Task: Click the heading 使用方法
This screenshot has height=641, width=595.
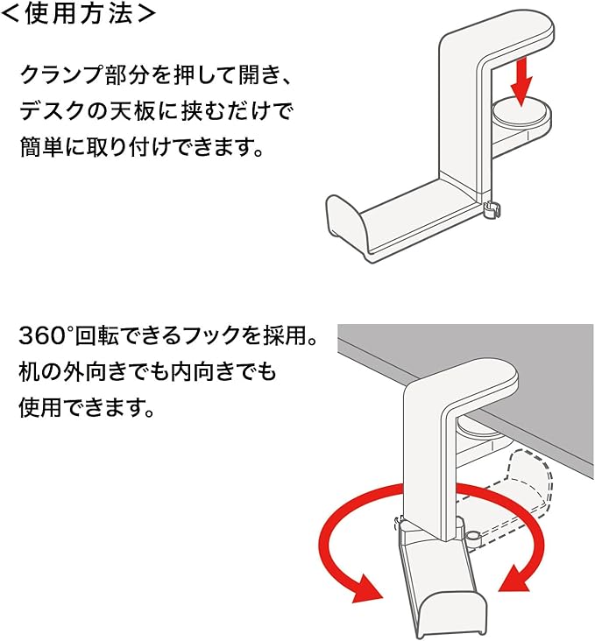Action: (79, 14)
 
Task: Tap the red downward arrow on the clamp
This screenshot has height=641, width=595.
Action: (521, 81)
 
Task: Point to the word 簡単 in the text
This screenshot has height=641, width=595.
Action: (41, 146)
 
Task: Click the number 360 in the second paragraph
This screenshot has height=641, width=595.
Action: (43, 336)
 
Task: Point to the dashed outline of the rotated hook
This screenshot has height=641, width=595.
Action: (528, 481)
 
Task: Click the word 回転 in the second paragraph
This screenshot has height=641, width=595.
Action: (97, 336)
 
